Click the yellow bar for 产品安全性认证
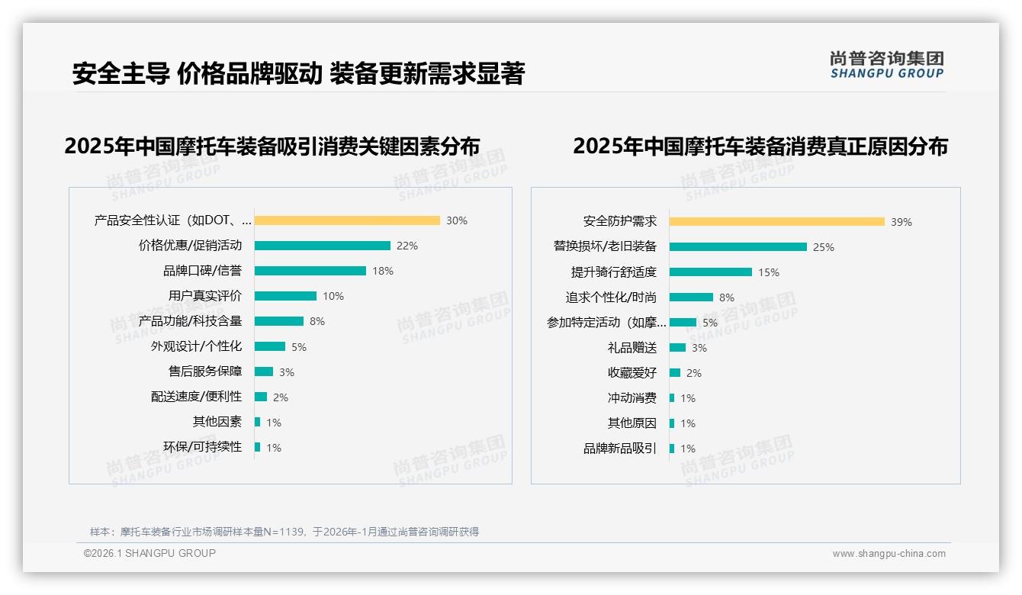(x=347, y=220)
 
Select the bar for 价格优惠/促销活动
(x=322, y=246)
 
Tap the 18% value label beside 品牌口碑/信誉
(x=383, y=271)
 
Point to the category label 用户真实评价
(x=205, y=296)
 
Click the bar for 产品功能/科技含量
(x=279, y=321)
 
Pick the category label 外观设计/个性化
(x=196, y=346)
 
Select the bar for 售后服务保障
(x=264, y=371)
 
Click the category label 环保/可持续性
(x=202, y=447)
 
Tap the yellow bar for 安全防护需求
(x=777, y=221)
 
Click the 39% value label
(x=901, y=222)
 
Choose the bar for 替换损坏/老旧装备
(x=738, y=246)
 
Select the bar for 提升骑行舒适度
(x=711, y=272)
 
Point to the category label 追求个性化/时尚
(x=611, y=297)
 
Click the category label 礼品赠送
(x=632, y=348)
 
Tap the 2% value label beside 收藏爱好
(x=693, y=373)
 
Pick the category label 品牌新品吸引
(x=620, y=449)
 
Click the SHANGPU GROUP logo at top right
(x=886, y=65)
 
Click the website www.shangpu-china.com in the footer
(x=889, y=554)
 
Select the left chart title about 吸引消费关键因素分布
(x=272, y=146)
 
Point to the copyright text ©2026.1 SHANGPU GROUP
(x=149, y=553)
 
